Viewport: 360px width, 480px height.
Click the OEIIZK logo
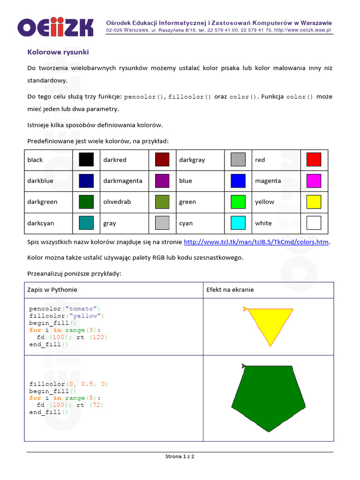pos(55,27)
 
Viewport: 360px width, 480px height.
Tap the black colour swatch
pos(86,159)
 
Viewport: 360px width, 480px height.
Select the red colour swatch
pos(314,159)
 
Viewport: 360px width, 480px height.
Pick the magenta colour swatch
pos(314,180)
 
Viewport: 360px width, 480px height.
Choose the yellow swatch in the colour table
pos(314,202)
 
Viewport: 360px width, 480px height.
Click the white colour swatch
pos(314,223)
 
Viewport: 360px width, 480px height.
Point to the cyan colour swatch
pos(238,223)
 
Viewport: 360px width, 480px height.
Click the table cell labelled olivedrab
pos(117,202)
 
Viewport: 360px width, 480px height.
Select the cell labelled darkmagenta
pos(123,181)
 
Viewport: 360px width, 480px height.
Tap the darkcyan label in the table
pos(41,223)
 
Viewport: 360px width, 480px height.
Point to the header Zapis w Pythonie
pos(52,290)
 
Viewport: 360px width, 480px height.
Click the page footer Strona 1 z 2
pos(180,456)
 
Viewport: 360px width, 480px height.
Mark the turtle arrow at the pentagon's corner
pos(243,366)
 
